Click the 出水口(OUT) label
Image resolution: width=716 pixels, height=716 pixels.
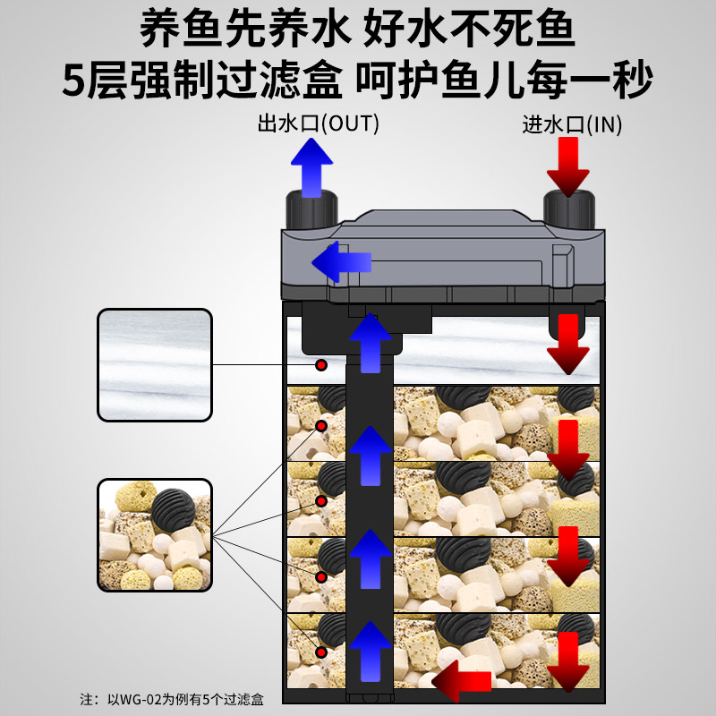318,124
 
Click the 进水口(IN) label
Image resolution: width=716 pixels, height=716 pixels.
572,124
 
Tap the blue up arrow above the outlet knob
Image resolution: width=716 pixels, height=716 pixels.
311,167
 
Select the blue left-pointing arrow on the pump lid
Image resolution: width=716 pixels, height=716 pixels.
340,260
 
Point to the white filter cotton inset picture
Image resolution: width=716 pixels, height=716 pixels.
154,364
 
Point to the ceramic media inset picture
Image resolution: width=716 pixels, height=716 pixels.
154,534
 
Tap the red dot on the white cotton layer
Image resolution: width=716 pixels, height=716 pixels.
320,365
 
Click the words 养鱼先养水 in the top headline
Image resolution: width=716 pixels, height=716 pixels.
242,32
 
